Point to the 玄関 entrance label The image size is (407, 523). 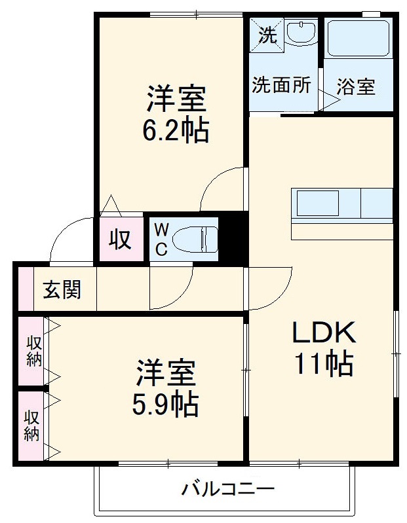[x=62, y=290]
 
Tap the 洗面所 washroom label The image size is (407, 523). [x=282, y=86]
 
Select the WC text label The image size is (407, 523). [x=161, y=239]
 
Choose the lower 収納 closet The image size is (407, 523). [x=31, y=425]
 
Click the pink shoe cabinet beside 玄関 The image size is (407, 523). [x=24, y=289]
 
